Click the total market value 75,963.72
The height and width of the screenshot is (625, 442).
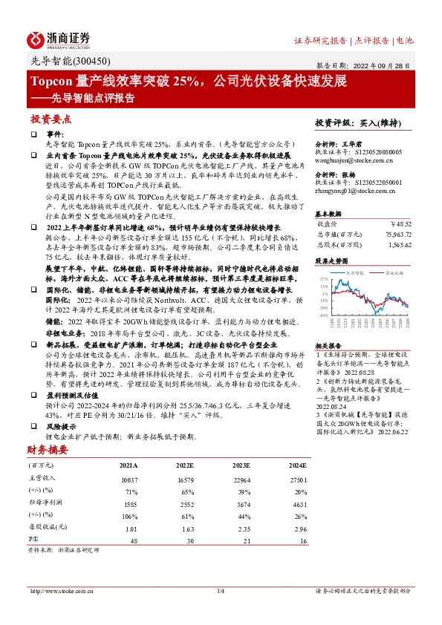pyautogui.click(x=392, y=233)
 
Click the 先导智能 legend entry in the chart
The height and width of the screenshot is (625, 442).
pyautogui.click(x=357, y=271)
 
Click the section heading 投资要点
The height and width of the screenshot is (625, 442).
pyautogui.click(x=51, y=119)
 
